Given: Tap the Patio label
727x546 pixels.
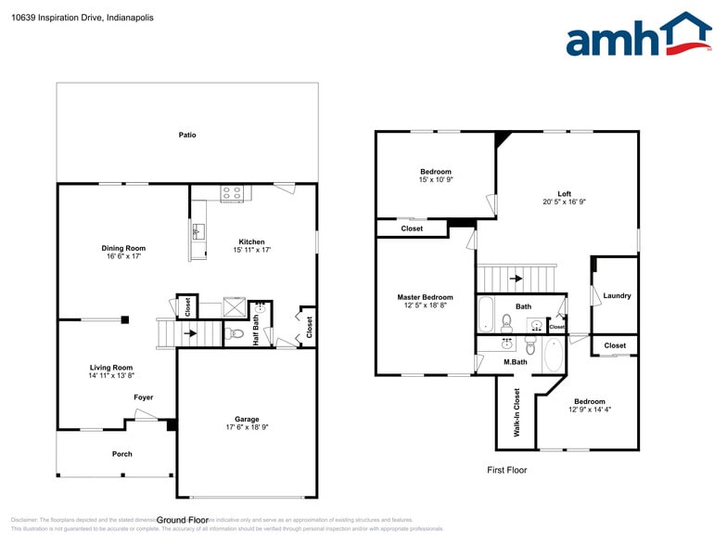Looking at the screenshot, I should [187, 136].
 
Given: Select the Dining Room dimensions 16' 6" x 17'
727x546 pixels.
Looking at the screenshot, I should [123, 257].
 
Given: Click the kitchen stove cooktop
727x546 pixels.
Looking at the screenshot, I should [232, 194].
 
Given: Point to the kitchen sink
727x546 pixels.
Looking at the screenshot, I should [198, 230].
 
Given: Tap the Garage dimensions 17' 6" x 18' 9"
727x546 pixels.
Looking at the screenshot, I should [247, 427].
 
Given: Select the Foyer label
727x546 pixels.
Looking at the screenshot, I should [143, 397].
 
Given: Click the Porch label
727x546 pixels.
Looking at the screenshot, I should [121, 454].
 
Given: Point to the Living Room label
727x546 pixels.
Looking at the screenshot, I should [110, 368].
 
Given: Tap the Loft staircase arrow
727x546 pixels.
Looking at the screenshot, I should [516, 278].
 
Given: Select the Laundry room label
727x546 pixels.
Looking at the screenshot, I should [617, 296].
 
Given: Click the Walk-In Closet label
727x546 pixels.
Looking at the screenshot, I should [517, 411].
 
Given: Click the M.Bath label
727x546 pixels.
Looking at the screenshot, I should [516, 362].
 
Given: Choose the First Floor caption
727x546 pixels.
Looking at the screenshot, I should [507, 470].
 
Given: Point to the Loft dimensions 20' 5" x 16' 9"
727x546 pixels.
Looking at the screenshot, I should [565, 201].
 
